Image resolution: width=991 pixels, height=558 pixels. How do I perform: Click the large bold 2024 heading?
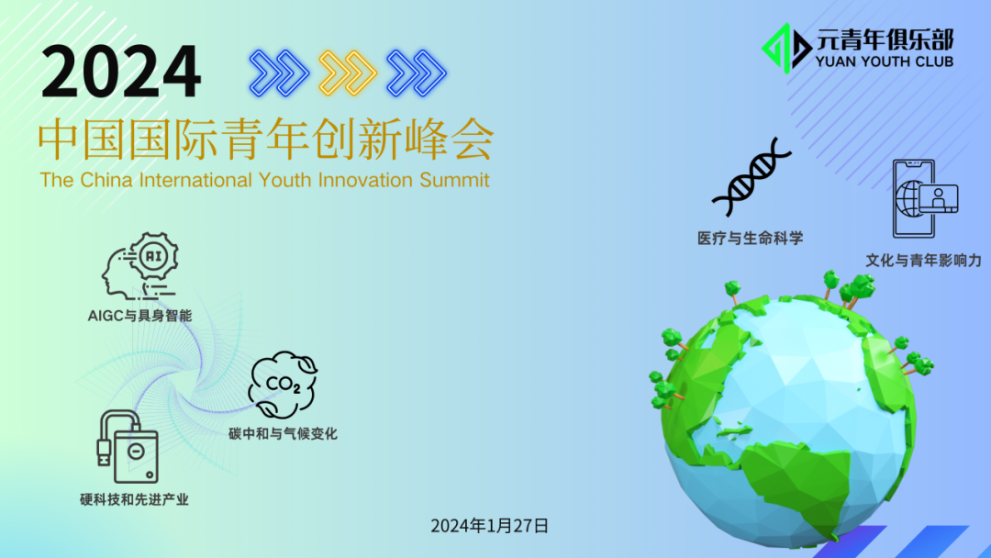click(121, 72)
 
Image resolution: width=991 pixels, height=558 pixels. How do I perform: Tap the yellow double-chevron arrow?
click(348, 73)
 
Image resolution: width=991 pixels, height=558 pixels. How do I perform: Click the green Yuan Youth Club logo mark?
click(785, 49)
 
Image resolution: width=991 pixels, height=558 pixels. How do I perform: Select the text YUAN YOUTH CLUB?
click(885, 61)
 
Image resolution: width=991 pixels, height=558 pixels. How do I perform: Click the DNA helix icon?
click(752, 177)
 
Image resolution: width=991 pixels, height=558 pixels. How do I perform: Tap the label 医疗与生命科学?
click(751, 239)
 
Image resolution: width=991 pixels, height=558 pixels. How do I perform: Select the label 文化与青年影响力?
click(923, 261)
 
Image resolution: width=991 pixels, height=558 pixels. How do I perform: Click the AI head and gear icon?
click(140, 265)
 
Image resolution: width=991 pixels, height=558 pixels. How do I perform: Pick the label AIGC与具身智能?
click(139, 316)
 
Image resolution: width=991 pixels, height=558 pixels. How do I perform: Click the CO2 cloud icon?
click(283, 385)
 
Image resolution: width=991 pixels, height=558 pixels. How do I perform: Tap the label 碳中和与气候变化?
click(283, 433)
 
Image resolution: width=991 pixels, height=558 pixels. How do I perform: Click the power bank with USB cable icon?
click(128, 447)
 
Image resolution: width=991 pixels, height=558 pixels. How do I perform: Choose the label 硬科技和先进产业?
click(134, 499)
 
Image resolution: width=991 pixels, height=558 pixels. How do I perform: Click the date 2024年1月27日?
click(490, 526)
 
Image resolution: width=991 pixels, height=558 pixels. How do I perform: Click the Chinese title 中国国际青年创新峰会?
click(265, 140)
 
